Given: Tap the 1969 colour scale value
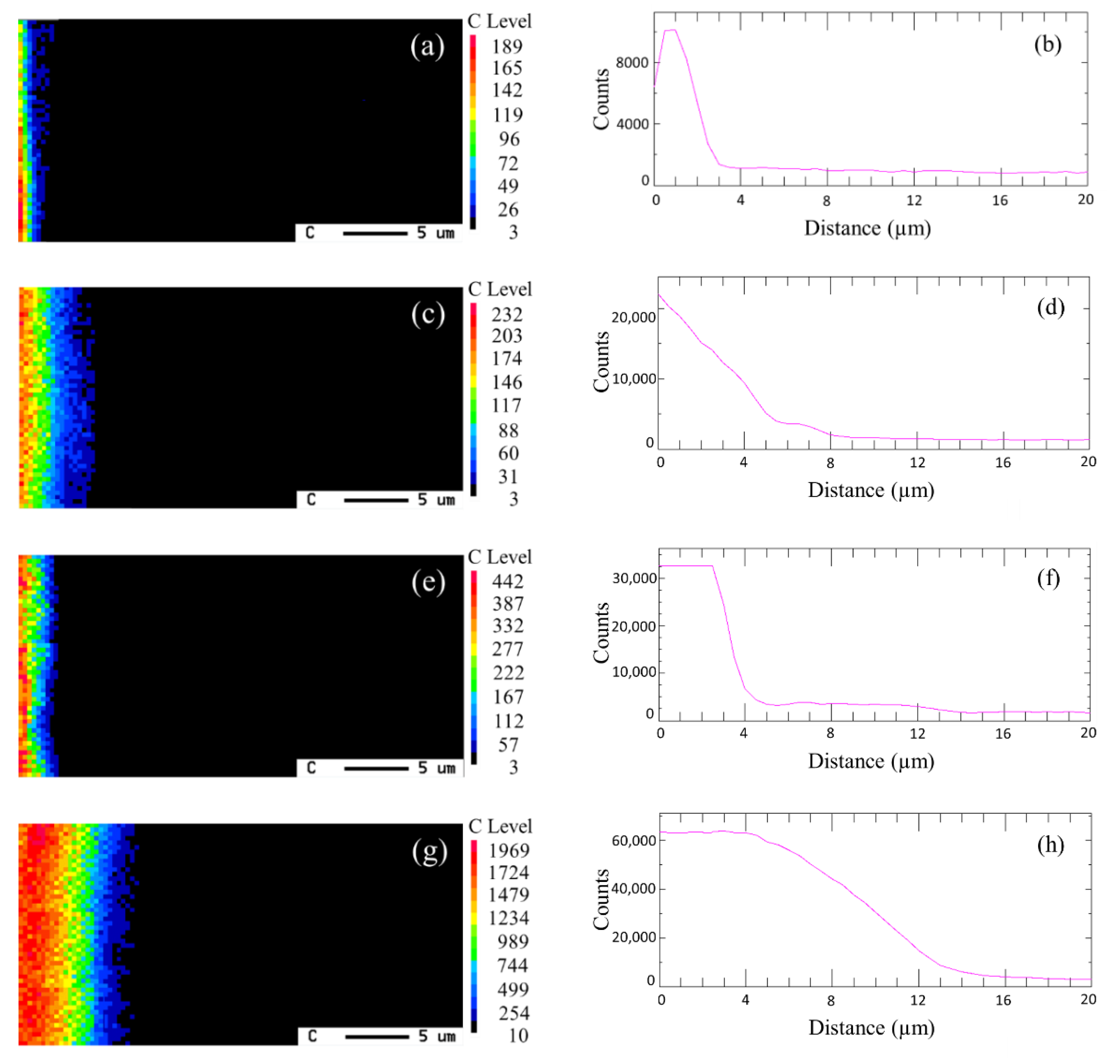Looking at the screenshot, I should [509, 850].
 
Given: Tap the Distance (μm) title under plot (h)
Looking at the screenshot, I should [871, 1027].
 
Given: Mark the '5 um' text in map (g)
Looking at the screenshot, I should [436, 1036].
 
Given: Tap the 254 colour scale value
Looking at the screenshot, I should [513, 1013].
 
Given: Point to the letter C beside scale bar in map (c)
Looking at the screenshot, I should [311, 499].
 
